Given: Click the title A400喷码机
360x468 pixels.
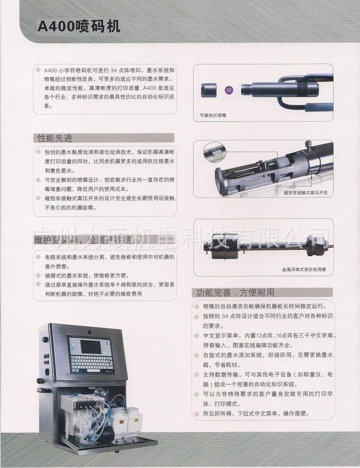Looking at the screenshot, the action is point(79,27).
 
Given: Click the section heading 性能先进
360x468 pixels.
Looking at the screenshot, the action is point(55,138).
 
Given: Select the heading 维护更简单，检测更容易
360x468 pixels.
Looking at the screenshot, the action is point(83,240).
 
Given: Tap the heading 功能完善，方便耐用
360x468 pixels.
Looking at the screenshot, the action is point(235,292).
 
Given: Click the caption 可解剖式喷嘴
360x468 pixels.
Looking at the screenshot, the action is point(213,115).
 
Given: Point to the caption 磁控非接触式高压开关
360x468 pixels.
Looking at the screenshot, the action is point(305,193).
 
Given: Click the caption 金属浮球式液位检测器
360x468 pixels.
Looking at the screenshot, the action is point(304,269).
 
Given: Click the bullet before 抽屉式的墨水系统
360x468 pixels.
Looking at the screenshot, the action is point(38,275).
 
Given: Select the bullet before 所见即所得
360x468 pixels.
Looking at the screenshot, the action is point(197,414).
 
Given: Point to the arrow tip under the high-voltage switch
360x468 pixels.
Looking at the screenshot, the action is point(311,176).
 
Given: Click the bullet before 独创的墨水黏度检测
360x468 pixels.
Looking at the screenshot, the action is point(38,152).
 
